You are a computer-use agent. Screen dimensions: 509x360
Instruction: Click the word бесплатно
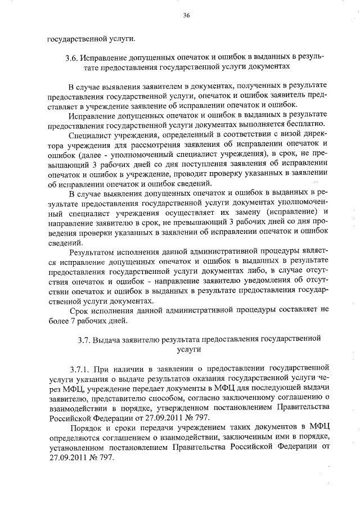304,125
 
